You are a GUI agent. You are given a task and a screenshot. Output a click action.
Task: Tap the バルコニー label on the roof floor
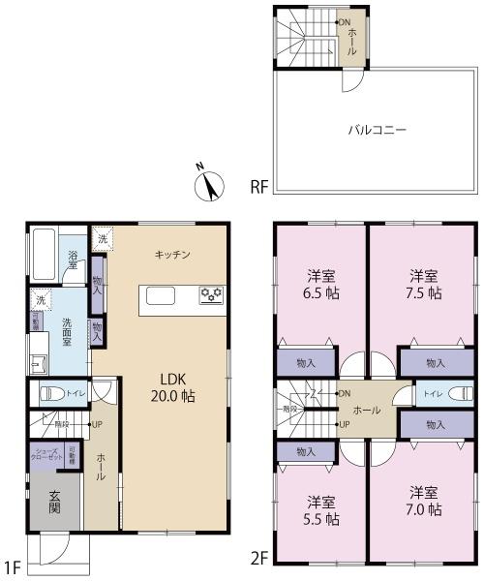(378, 128)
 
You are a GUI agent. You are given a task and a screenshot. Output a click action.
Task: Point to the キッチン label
(172, 255)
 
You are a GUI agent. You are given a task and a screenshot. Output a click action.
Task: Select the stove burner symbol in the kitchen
(211, 295)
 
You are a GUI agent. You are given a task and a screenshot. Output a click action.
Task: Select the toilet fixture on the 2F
(455, 395)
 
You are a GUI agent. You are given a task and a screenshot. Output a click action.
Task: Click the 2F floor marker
(257, 558)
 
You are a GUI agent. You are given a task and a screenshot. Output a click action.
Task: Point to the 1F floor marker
(11, 564)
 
